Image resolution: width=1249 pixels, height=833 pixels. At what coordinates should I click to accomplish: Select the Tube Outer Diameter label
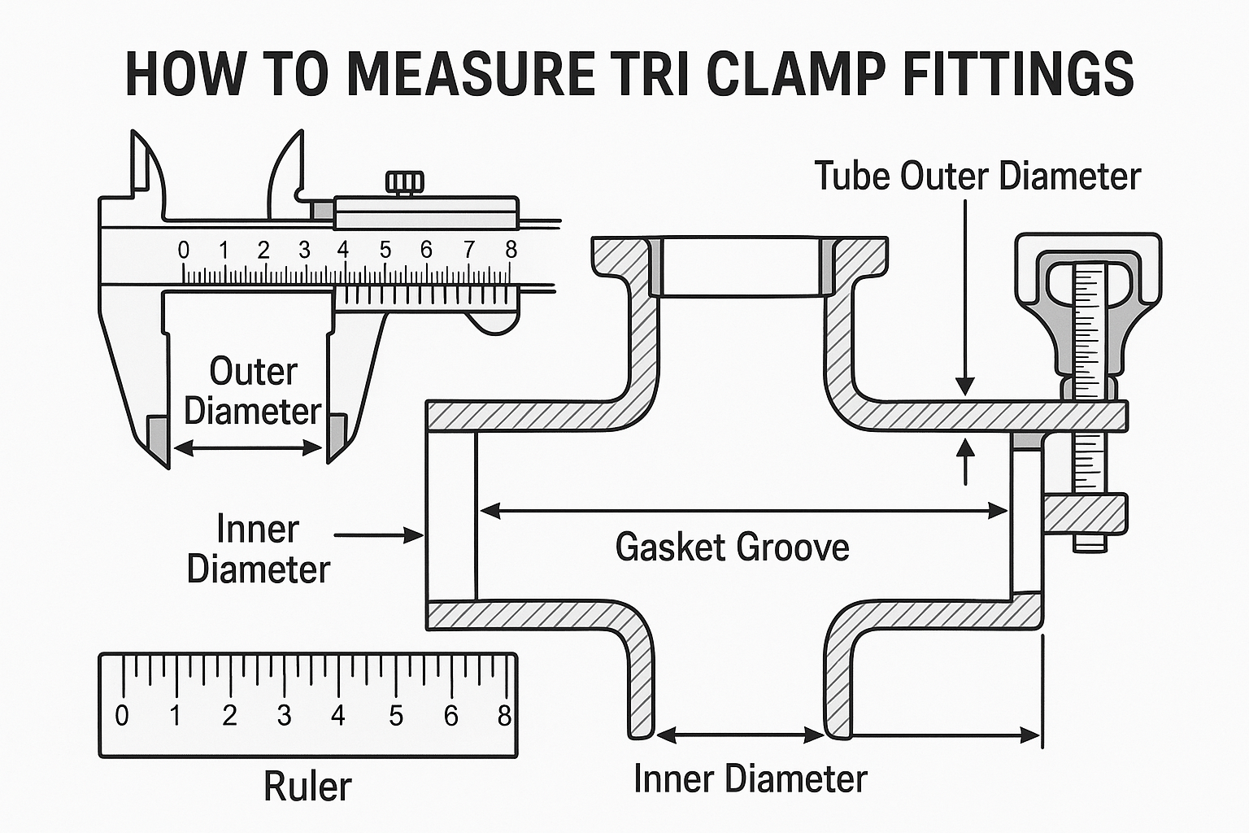pos(977,177)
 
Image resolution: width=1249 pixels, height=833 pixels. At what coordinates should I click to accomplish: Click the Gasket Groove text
pos(732,547)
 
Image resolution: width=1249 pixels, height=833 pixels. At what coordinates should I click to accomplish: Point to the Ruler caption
pos(307,787)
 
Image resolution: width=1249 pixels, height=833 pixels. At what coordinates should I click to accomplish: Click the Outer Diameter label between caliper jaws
pos(253,391)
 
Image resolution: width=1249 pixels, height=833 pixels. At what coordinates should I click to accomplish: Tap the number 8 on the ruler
pos(504,715)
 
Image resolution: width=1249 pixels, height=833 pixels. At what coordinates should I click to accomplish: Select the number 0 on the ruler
pos(122,715)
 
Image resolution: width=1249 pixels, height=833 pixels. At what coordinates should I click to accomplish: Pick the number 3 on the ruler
pos(284,715)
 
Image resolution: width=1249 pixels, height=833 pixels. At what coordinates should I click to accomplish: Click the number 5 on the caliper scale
pos(385,250)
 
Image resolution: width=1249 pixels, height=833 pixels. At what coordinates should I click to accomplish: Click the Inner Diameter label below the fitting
pos(750,778)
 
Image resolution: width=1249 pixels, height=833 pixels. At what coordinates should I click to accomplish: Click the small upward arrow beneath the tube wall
pos(965,460)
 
